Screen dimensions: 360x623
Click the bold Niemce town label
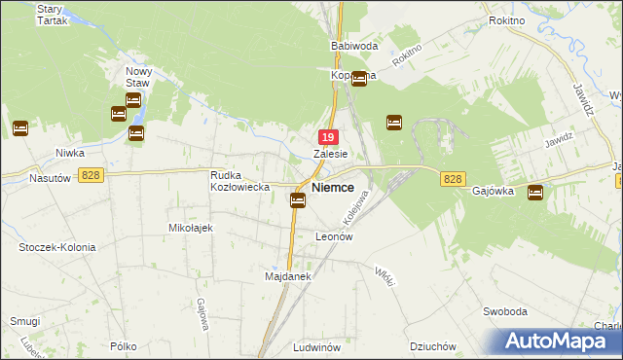(x=332, y=186)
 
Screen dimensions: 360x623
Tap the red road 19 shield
(x=329, y=138)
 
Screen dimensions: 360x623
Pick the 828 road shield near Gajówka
(x=453, y=179)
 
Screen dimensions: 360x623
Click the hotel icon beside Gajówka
(x=534, y=193)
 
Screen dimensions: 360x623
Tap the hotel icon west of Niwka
(x=19, y=127)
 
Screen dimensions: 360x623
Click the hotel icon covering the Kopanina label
(x=358, y=79)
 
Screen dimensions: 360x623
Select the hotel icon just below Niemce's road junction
(x=298, y=200)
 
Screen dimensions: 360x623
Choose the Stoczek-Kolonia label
(x=57, y=247)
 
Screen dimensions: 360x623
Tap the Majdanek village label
(x=287, y=276)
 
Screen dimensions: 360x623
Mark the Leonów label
(x=333, y=236)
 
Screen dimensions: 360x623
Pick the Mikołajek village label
(x=191, y=227)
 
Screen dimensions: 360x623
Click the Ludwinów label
(x=315, y=346)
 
